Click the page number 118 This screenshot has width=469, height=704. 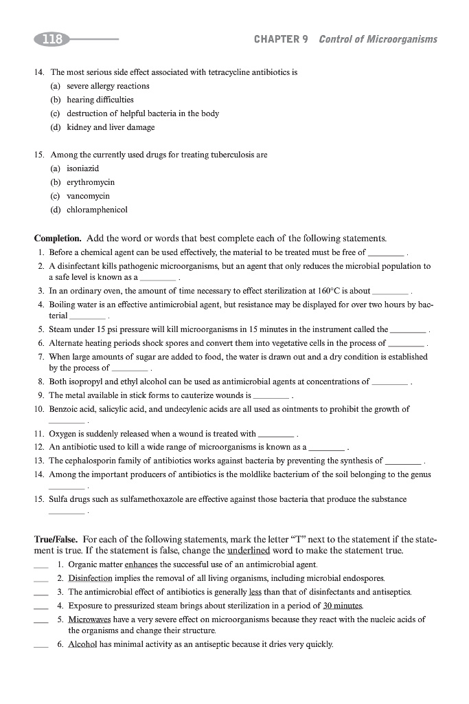52,39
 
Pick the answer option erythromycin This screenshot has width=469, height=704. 91,182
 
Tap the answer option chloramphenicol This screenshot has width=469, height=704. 97,210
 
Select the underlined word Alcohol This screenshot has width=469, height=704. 82,644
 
